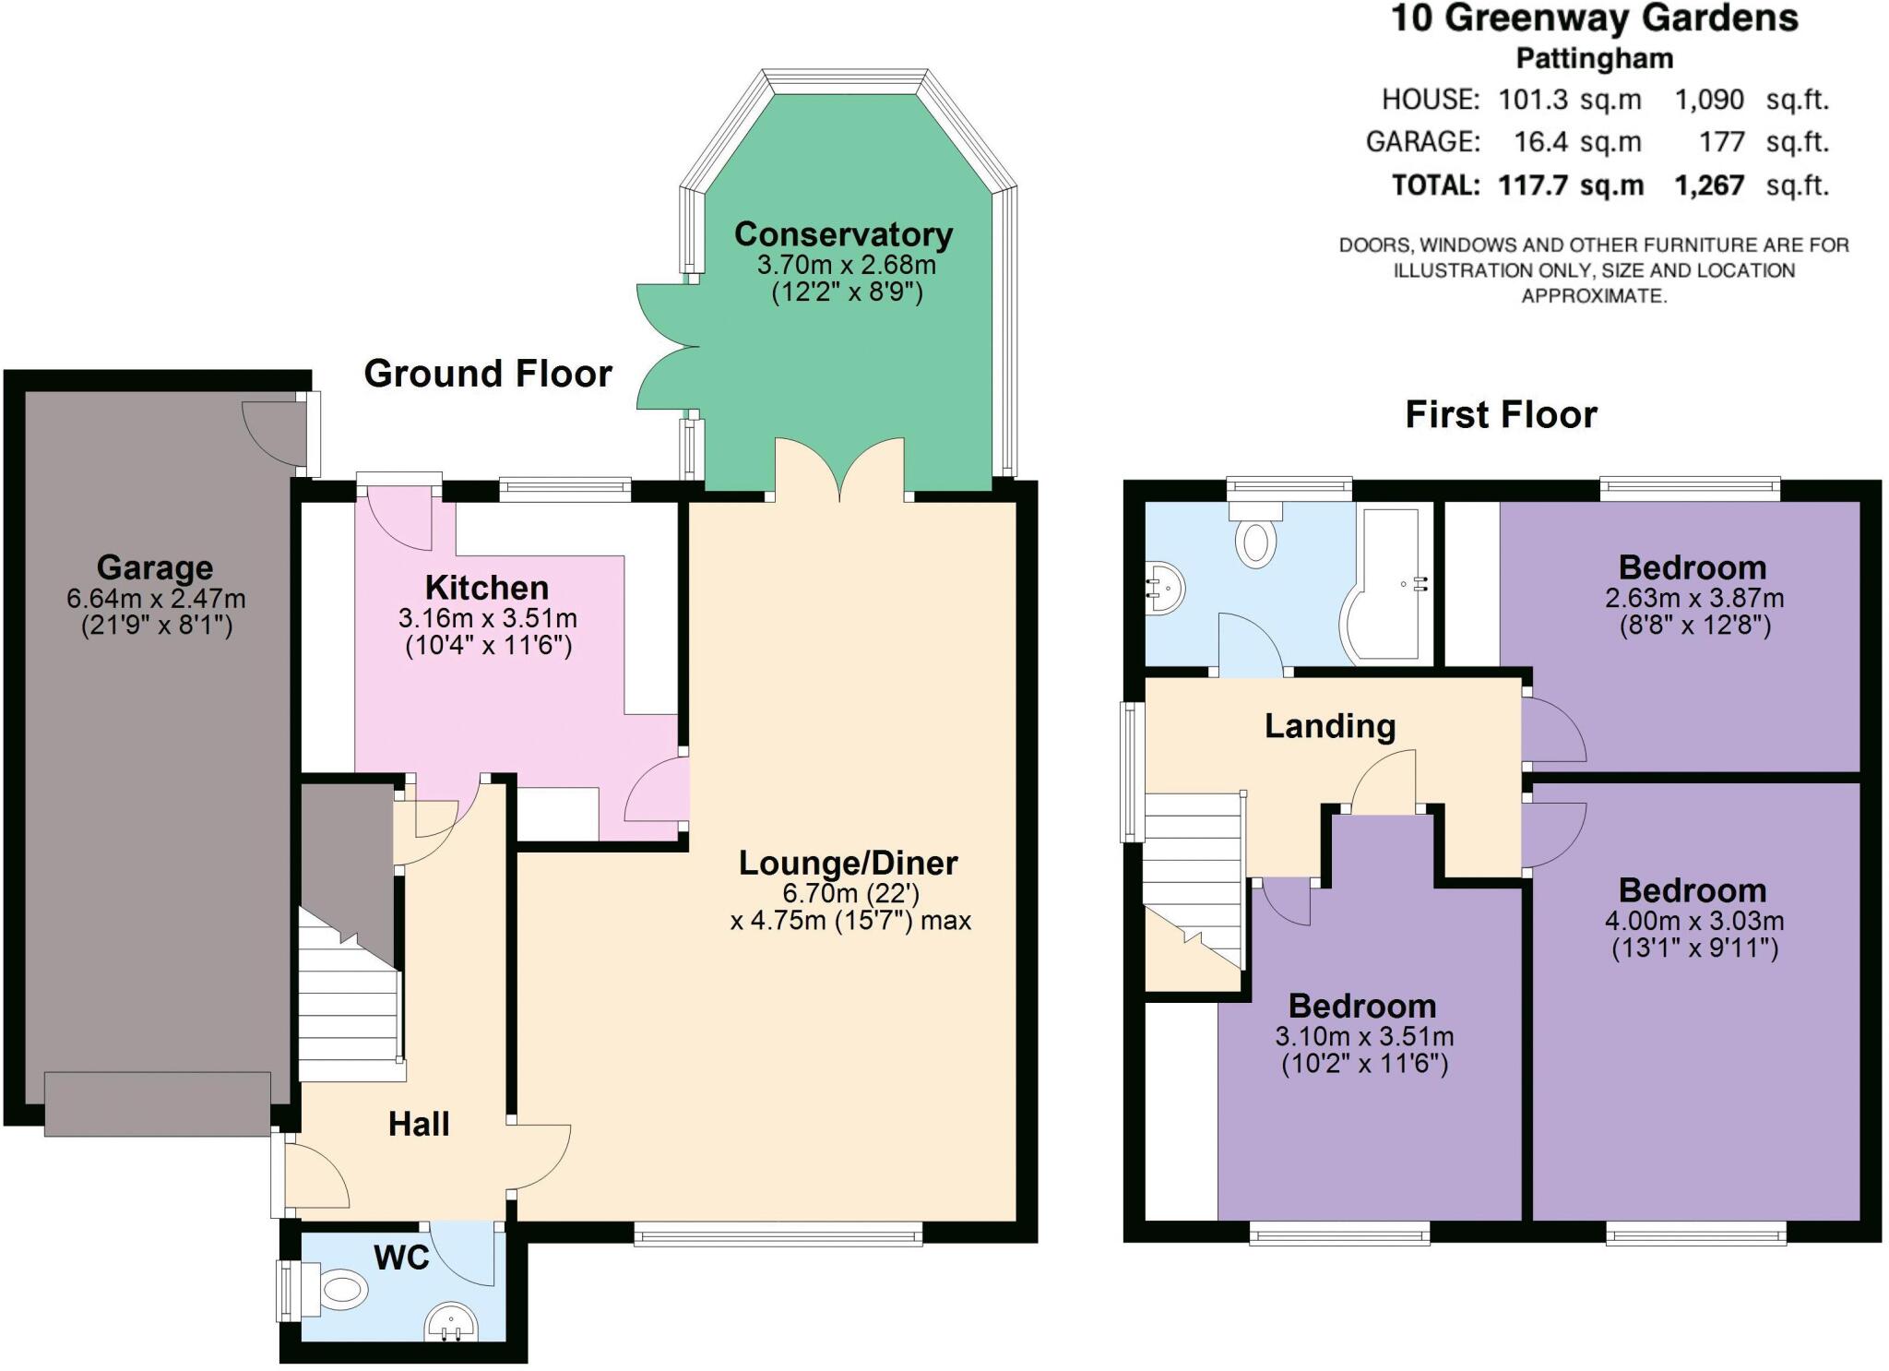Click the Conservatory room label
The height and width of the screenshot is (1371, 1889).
point(843,234)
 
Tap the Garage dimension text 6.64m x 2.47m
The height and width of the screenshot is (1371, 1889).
point(156,598)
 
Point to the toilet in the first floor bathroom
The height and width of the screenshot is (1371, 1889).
point(1256,539)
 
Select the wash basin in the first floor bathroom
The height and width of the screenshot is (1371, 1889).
point(1165,587)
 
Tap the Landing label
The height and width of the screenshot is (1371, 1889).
point(1329,726)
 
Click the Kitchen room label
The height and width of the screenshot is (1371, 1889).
point(486,588)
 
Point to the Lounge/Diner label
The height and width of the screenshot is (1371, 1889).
point(848,864)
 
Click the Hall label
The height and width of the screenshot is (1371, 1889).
point(419,1124)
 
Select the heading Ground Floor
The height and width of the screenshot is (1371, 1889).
point(488,374)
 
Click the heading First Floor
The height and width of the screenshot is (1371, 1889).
point(1501,414)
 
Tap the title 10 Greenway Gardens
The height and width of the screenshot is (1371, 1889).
point(1594,18)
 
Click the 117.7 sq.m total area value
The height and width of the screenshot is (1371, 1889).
point(1571,185)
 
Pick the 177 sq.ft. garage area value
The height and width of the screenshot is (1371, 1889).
point(1721,142)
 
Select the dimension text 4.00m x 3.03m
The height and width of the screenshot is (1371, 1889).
point(1694,920)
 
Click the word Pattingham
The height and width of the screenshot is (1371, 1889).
point(1594,58)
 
